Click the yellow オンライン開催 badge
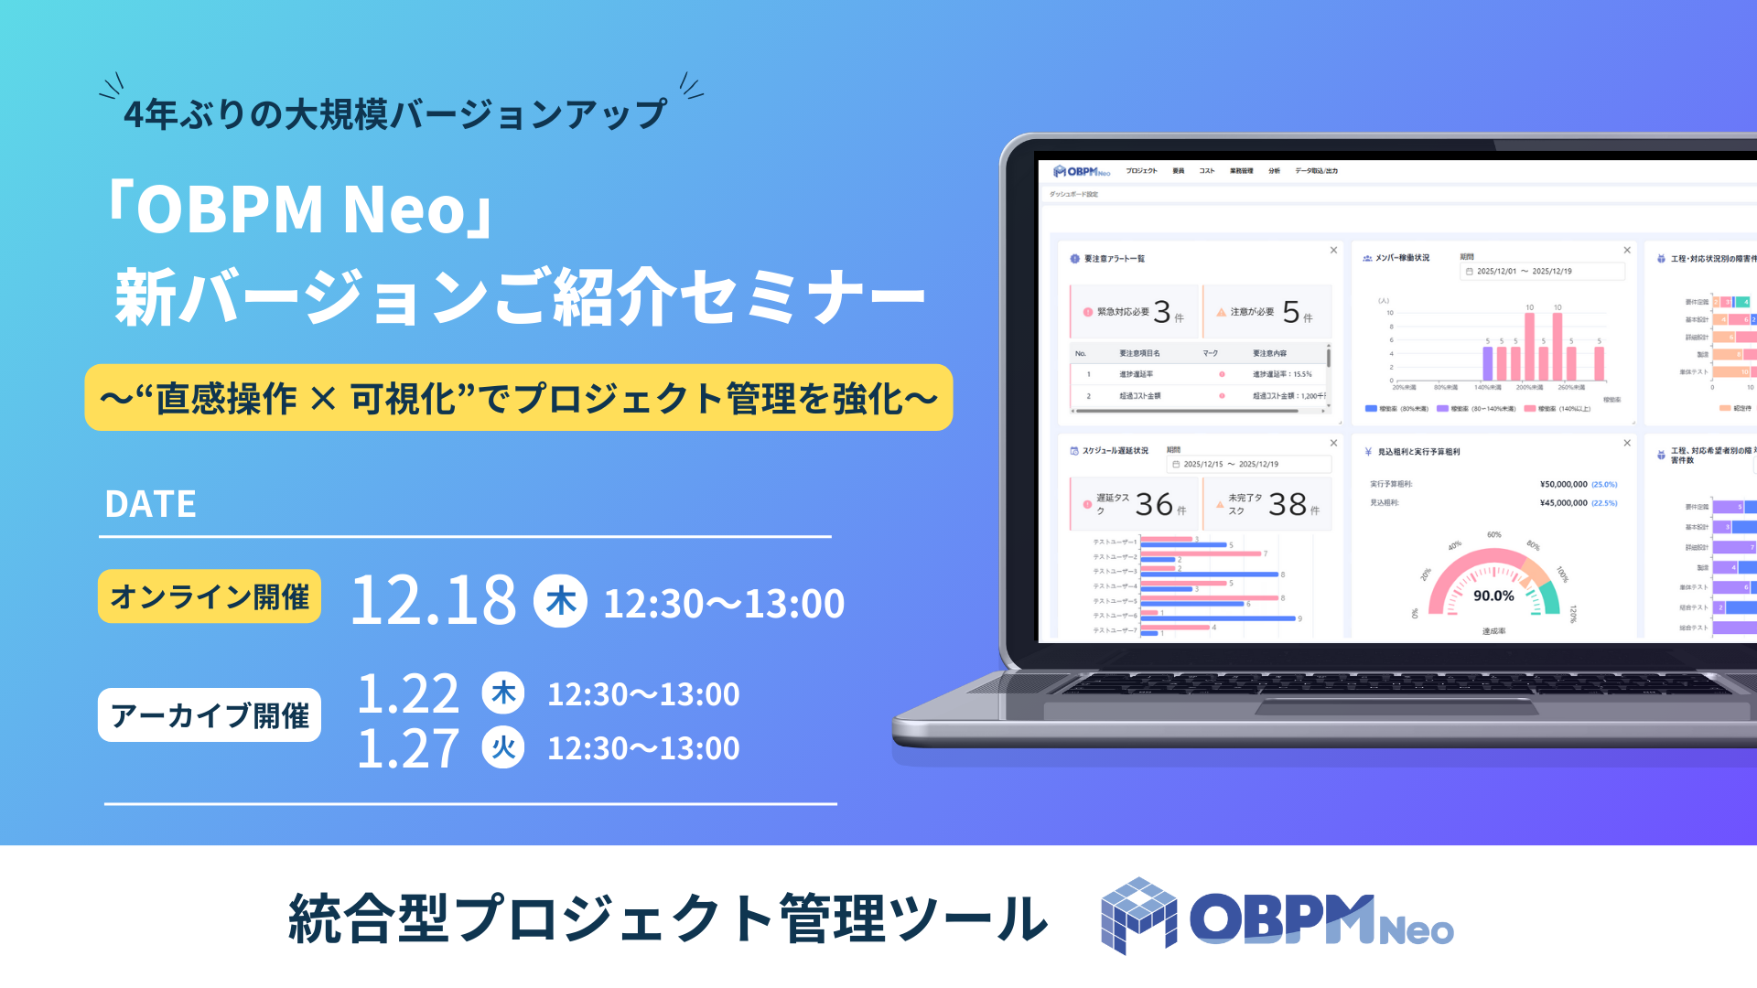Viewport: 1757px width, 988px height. coord(210,596)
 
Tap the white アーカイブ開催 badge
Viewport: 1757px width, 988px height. coord(210,715)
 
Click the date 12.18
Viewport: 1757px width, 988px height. coord(434,600)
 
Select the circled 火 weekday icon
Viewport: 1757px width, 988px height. coord(503,747)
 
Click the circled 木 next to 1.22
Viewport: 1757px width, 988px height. coord(503,693)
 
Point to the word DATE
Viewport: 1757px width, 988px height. coord(150,504)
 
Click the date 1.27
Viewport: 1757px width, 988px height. coord(407,748)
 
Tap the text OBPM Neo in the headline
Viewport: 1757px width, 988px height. coord(301,209)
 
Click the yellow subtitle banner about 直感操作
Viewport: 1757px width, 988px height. coord(519,398)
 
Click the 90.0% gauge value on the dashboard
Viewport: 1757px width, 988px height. coord(1493,596)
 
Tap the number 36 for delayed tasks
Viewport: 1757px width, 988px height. coord(1154,504)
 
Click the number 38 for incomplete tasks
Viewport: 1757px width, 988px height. coord(1288,504)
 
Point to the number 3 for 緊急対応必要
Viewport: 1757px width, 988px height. coord(1162,312)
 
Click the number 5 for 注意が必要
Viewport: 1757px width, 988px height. coord(1291,312)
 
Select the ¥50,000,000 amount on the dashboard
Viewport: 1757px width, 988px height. coord(1563,484)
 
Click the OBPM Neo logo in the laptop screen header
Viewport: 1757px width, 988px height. coord(1082,171)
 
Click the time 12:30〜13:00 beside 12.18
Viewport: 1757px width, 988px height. coord(724,604)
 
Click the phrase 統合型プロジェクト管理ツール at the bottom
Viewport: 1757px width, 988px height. coord(668,918)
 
